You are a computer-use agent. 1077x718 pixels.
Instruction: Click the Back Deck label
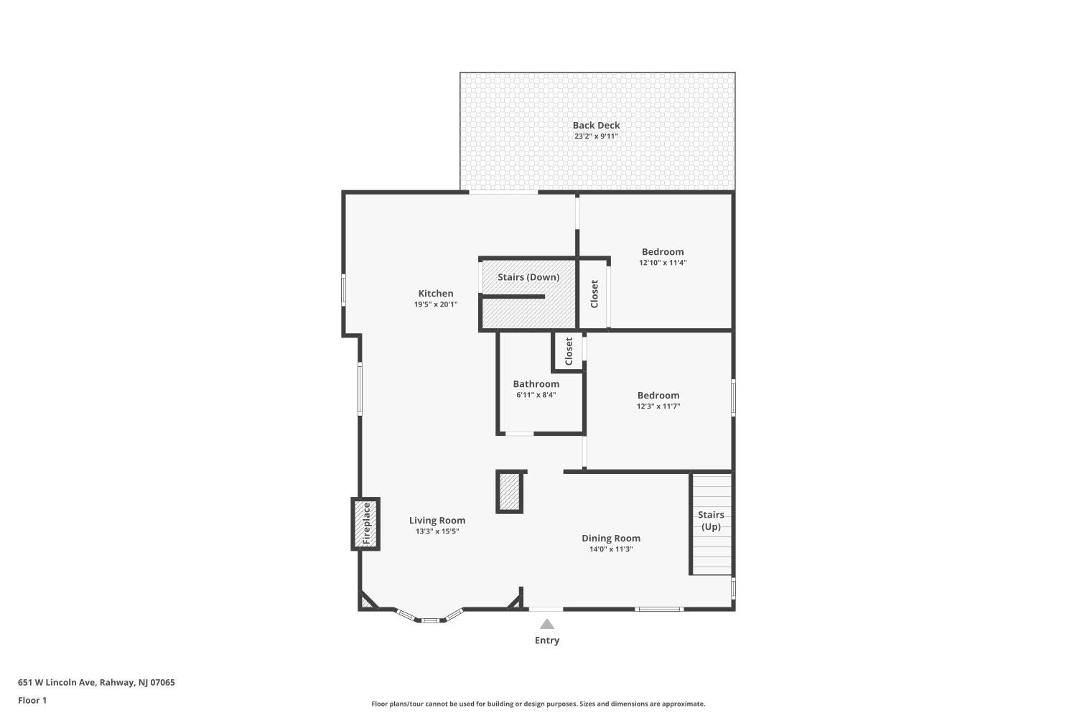coord(596,126)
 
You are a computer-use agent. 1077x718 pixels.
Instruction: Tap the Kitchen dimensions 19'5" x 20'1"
coord(436,304)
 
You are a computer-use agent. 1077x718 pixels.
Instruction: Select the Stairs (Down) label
coord(528,277)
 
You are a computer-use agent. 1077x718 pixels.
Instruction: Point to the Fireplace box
coord(365,523)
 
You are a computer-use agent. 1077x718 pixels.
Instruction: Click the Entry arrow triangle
coord(546,624)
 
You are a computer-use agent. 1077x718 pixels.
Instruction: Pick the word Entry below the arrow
coord(547,640)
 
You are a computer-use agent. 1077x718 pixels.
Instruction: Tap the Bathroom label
coord(536,383)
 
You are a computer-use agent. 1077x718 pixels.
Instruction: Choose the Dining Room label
coord(611,538)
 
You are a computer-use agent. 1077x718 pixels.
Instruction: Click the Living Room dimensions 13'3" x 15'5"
coord(437,531)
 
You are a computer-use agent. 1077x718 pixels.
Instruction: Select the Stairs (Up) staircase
coord(712,524)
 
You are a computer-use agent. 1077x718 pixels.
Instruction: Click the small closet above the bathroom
coord(569,352)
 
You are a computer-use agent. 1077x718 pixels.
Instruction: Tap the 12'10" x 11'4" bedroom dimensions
coord(663,263)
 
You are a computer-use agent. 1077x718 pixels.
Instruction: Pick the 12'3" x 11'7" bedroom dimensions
coord(658,406)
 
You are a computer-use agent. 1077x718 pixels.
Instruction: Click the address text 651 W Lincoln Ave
coord(57,682)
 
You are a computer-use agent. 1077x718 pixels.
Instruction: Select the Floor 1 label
coord(32,700)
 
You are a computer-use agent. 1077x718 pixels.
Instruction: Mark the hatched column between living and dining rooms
coord(509,492)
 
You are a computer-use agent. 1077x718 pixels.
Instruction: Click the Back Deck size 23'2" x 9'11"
coord(596,136)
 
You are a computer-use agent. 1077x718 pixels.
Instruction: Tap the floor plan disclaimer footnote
coord(538,704)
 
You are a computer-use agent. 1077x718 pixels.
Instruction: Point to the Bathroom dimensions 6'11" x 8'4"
coord(536,396)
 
